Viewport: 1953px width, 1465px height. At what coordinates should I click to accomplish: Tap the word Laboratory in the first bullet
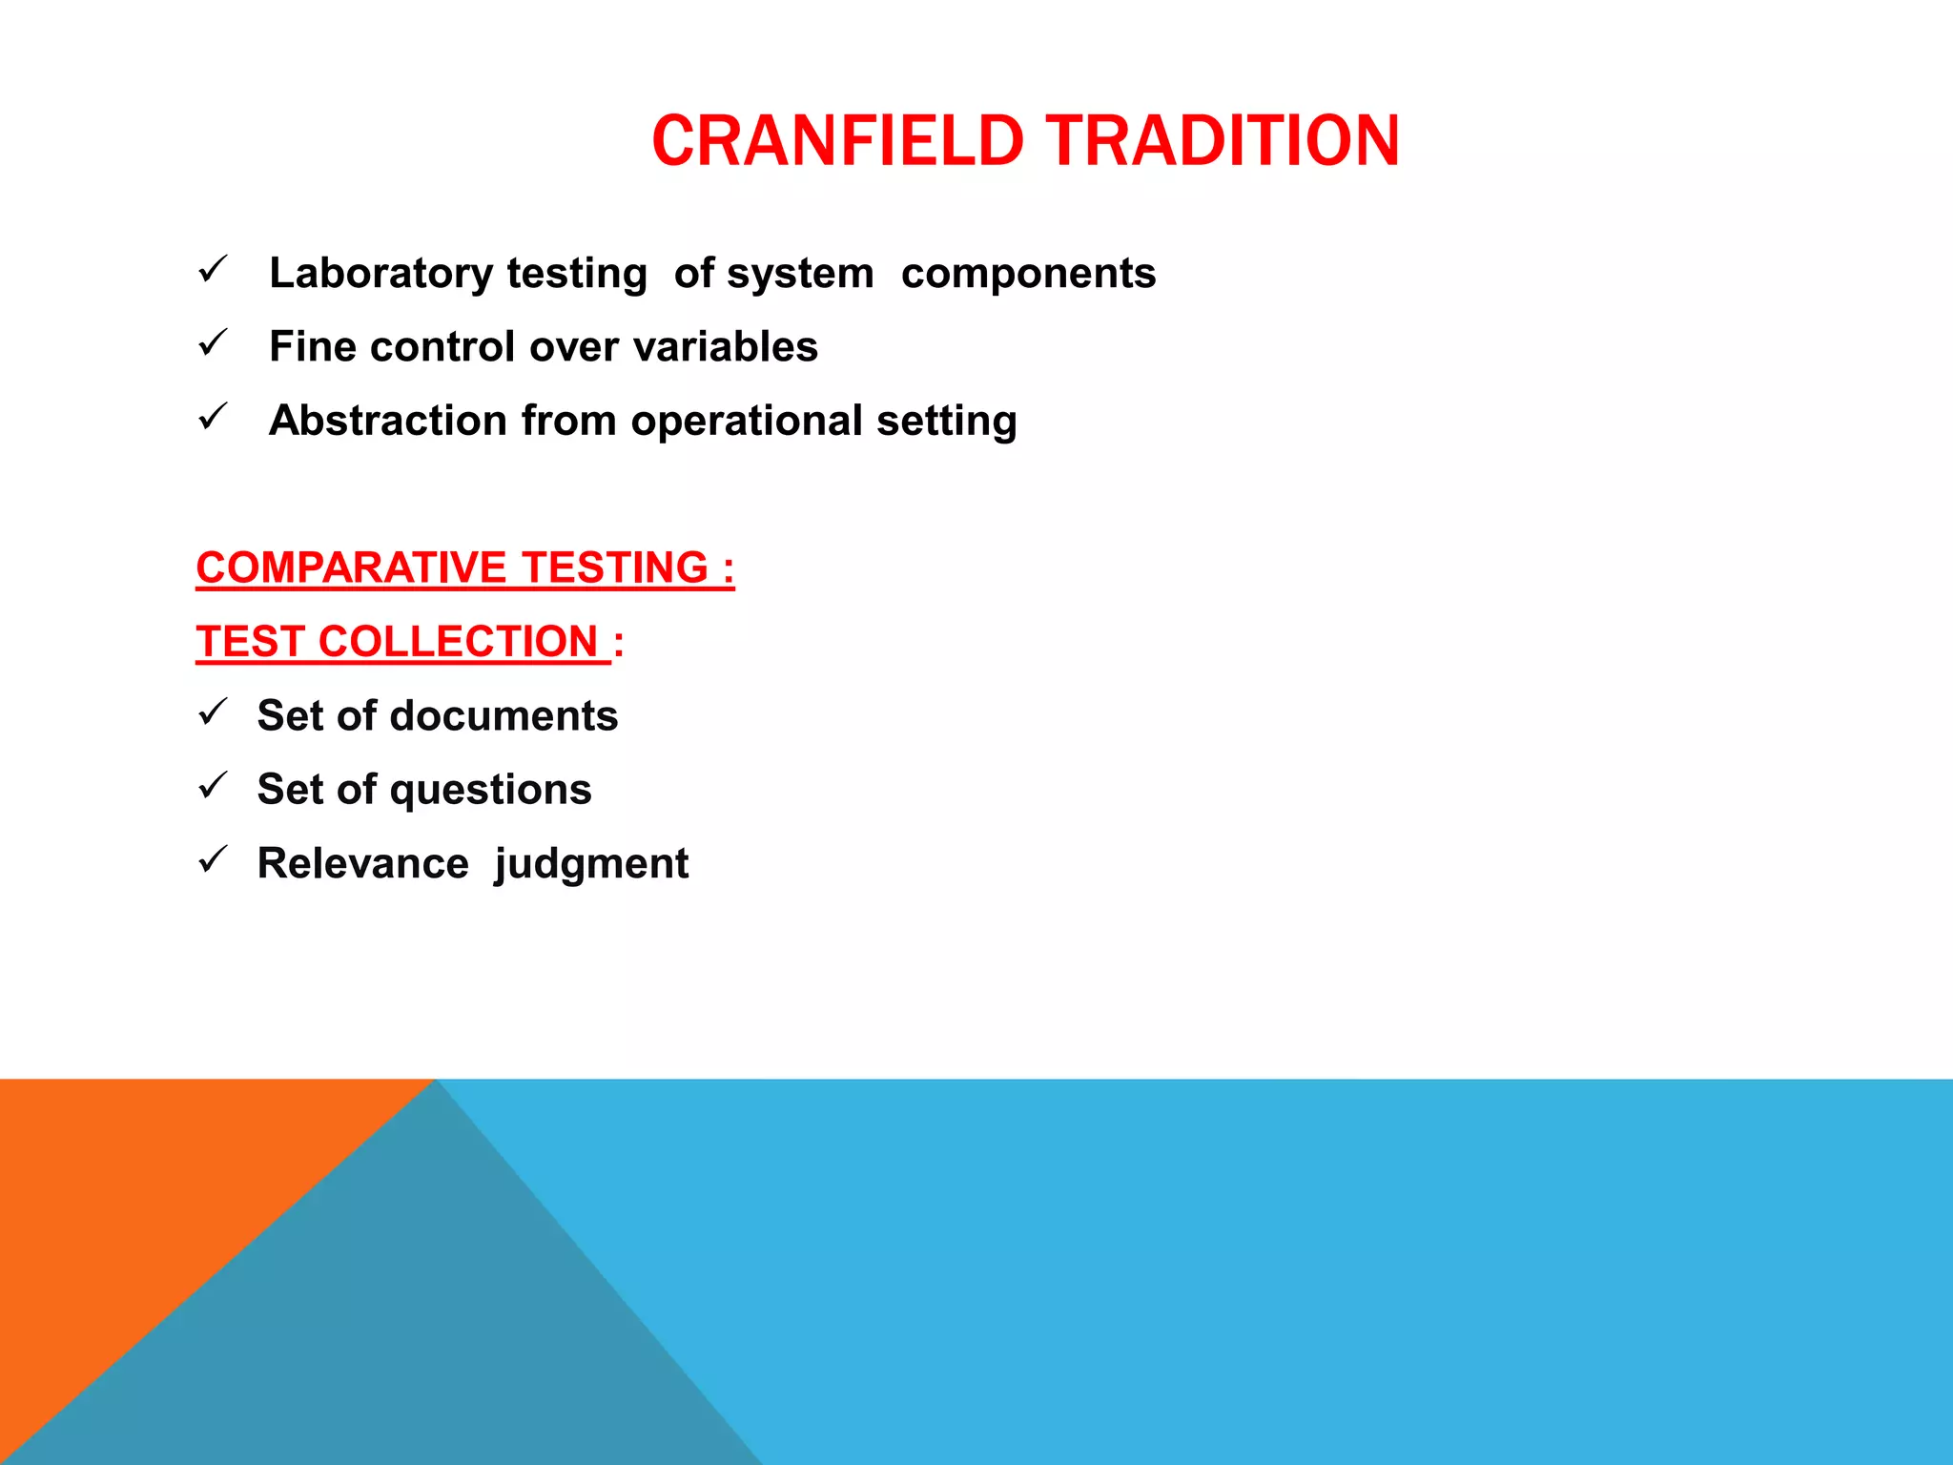click(x=381, y=274)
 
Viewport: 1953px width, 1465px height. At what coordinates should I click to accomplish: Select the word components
click(x=1028, y=274)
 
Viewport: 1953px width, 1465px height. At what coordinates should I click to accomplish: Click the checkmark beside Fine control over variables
click(x=212, y=342)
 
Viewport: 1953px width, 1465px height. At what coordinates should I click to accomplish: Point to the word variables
click(x=725, y=347)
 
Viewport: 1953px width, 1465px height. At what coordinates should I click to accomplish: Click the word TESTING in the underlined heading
click(x=615, y=567)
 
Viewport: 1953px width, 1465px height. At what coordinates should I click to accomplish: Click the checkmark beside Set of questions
click(x=212, y=786)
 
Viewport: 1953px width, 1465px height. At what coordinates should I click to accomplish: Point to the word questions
click(x=490, y=791)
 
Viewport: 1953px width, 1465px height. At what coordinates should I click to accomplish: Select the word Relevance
click(x=362, y=864)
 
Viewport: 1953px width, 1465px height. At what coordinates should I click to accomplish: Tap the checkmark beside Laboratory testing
click(x=212, y=269)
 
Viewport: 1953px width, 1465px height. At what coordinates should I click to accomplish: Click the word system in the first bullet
click(x=800, y=274)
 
